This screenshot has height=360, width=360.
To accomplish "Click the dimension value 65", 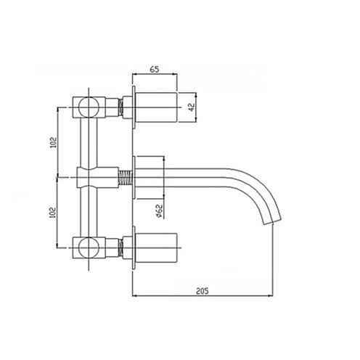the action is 155,69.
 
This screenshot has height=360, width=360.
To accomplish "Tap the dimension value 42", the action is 192,107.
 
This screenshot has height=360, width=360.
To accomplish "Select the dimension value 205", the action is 202,291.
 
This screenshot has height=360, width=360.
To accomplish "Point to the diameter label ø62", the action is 159,211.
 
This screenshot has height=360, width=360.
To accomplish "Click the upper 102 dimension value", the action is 53,142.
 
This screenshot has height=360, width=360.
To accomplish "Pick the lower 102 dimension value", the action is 52,213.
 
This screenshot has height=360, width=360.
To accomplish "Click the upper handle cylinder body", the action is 156,107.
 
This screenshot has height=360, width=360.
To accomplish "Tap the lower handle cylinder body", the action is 156,247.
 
